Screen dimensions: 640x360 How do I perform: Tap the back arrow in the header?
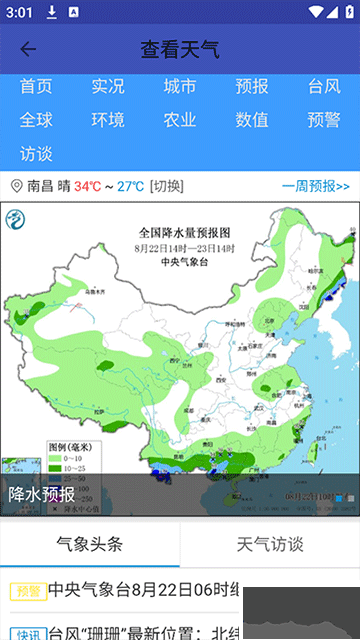(28, 50)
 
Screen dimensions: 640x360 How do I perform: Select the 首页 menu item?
(36, 87)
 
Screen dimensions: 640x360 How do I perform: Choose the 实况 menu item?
(108, 87)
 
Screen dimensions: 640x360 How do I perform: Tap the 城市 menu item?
(180, 87)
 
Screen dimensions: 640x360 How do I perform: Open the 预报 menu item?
(252, 87)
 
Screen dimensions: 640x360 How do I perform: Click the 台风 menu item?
(324, 87)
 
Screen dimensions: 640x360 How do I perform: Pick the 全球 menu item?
(36, 120)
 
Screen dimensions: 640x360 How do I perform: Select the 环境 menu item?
(108, 120)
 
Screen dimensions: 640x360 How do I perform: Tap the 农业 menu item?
(180, 120)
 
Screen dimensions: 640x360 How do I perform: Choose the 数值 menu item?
(252, 120)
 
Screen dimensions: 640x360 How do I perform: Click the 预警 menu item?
(324, 120)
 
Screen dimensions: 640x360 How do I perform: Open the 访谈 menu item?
(36, 154)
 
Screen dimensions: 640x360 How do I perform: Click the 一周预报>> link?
(316, 186)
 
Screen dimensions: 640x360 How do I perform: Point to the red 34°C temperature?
(87, 186)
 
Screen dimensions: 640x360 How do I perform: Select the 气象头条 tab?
(90, 544)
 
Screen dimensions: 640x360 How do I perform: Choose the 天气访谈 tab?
(270, 544)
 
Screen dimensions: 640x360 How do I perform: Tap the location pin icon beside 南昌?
(16, 186)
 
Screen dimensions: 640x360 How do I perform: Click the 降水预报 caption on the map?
(42, 494)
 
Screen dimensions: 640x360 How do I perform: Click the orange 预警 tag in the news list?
(28, 591)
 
